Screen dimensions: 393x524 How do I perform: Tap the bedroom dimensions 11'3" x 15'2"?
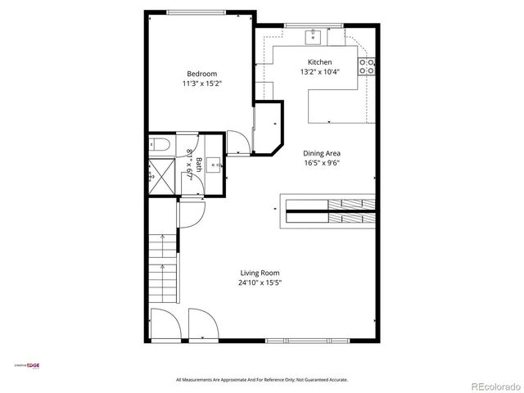(202, 84)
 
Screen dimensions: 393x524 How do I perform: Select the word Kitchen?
(319, 62)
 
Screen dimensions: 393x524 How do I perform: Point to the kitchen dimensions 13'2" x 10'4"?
(319, 72)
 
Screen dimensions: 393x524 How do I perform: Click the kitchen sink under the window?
(314, 36)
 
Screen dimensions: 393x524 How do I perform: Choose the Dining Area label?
(322, 153)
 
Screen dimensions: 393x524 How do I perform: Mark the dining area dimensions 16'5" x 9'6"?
(322, 162)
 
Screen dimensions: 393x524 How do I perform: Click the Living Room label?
(260, 273)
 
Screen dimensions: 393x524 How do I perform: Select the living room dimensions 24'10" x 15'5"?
(260, 283)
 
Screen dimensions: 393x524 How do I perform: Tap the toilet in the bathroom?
(160, 145)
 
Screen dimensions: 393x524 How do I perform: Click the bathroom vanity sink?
(215, 164)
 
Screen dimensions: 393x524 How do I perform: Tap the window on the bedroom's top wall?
(196, 11)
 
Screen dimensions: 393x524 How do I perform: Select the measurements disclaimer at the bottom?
(262, 380)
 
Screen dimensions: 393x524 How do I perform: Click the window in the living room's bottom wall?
(309, 340)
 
